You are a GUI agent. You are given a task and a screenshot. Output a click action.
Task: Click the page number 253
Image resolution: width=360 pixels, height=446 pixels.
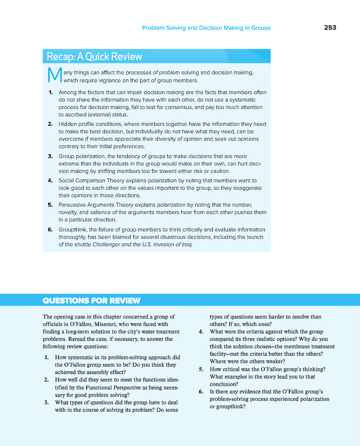pos(330,28)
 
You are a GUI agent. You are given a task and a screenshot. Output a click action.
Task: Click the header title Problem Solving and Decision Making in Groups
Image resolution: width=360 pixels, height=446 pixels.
pos(206,28)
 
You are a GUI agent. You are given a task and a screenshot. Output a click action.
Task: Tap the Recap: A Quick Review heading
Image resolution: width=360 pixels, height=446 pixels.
pos(94,56)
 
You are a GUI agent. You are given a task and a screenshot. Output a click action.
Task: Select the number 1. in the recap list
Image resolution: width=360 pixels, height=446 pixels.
pos(51,93)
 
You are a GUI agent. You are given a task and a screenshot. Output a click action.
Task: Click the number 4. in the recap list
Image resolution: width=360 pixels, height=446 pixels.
pos(51,180)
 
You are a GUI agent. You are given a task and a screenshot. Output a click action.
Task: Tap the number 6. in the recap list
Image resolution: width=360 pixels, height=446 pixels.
pos(51,229)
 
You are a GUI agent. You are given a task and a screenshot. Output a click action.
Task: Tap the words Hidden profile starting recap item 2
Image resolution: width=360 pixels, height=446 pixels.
pos(75,124)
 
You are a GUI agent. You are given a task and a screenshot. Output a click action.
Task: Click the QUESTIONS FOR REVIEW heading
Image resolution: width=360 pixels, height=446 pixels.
pos(92,301)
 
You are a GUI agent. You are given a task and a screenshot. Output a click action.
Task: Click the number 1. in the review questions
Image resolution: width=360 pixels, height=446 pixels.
pos(46,357)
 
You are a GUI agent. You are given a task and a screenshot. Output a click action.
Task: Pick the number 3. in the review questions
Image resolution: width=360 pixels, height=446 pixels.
pos(46,402)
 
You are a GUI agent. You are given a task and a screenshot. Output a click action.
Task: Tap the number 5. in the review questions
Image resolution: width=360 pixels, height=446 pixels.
pos(201,369)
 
